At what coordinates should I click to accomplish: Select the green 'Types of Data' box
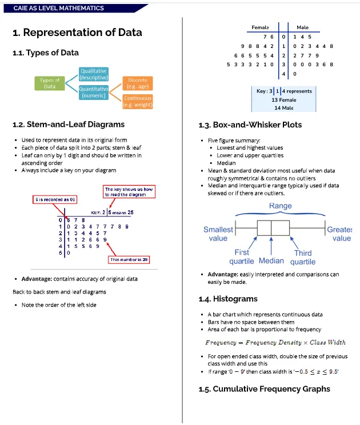pyautogui.click(x=50, y=83)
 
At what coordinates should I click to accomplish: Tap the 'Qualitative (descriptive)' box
pyautogui.click(x=94, y=74)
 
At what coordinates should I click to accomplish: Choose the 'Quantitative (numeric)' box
pyautogui.click(x=94, y=93)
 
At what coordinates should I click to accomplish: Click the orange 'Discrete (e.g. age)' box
pyautogui.click(x=138, y=83)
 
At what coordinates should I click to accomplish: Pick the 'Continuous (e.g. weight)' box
pyautogui.click(x=138, y=101)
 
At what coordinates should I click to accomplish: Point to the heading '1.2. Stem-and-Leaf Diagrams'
pyautogui.click(x=69, y=125)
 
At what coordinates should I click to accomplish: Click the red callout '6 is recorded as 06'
pyautogui.click(x=55, y=199)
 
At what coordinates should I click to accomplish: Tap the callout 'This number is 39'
pyautogui.click(x=129, y=260)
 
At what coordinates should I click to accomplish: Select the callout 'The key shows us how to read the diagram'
pyautogui.click(x=129, y=191)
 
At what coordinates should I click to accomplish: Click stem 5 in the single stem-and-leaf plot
pyautogui.click(x=61, y=253)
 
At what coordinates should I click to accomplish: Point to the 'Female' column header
pyautogui.click(x=260, y=27)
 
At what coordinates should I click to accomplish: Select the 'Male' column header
pyautogui.click(x=302, y=27)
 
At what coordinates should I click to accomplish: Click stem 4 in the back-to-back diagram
pyautogui.click(x=283, y=74)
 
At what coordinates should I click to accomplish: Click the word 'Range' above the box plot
pyautogui.click(x=281, y=206)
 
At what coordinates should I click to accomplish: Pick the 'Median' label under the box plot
pyautogui.click(x=271, y=260)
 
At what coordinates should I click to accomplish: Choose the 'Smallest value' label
pyautogui.click(x=218, y=234)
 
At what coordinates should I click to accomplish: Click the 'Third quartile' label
pyautogui.click(x=303, y=257)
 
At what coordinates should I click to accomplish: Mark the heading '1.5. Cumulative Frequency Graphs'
pyautogui.click(x=265, y=389)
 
